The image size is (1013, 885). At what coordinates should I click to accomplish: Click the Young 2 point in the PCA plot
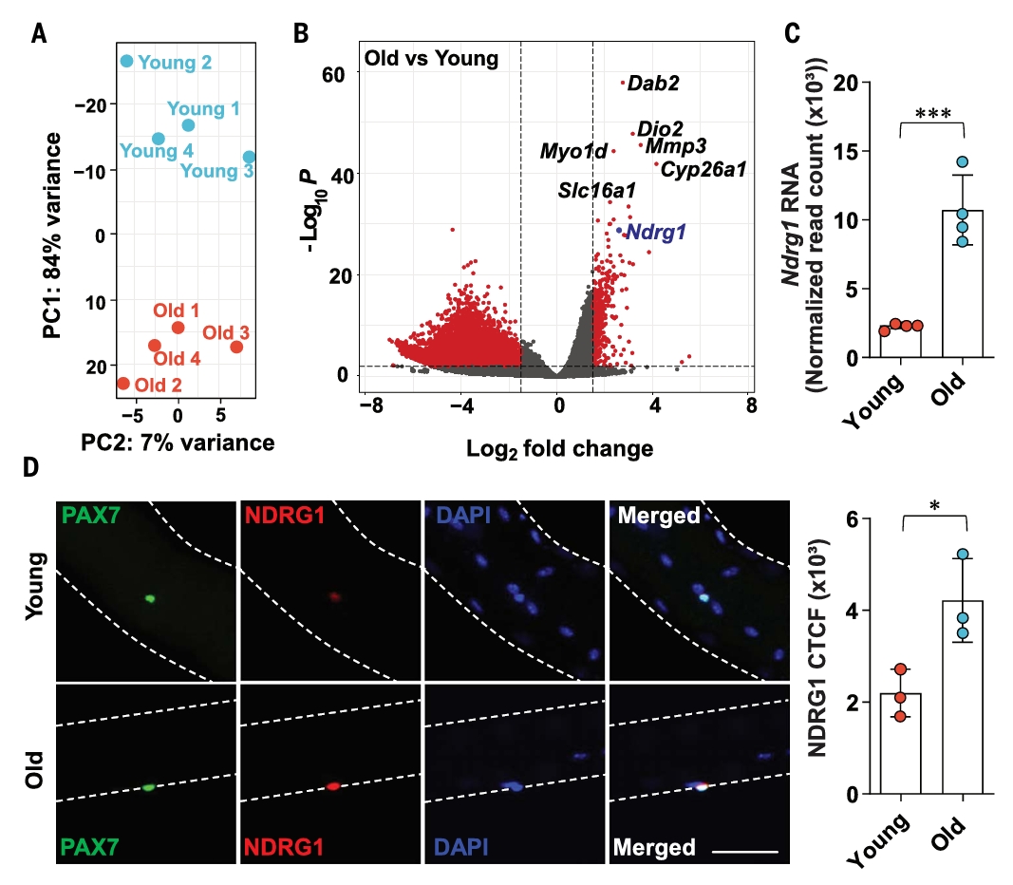pos(127,61)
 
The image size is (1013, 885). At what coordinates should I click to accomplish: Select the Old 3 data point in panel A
pos(236,347)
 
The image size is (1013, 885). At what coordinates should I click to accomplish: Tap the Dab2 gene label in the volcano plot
pos(653,84)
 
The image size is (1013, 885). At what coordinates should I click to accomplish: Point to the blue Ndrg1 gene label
pos(656,231)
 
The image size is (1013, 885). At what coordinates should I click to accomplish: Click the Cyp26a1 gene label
pos(703,170)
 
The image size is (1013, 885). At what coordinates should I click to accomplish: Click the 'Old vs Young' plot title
pos(432,59)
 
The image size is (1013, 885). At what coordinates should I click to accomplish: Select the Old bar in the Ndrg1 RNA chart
pos(962,284)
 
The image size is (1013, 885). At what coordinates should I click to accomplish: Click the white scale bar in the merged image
pos(744,851)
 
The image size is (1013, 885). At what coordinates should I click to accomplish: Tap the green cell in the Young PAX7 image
pos(149,599)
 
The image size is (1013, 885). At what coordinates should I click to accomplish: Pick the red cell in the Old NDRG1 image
pos(333,786)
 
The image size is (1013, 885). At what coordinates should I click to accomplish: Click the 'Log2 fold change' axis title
pos(560,447)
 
